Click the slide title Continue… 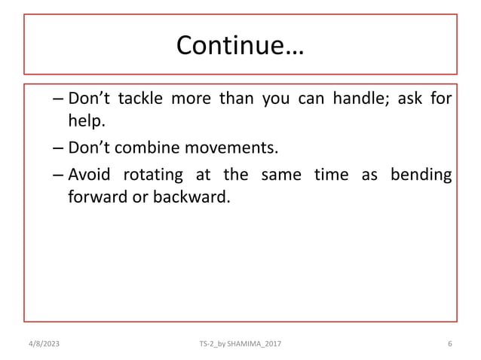point(240,45)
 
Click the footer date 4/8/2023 point(43,343)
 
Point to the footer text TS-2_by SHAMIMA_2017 point(240,343)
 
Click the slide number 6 point(449,343)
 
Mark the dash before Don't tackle point(58,100)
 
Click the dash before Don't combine point(58,148)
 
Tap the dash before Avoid point(58,175)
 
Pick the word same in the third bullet point(279,175)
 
